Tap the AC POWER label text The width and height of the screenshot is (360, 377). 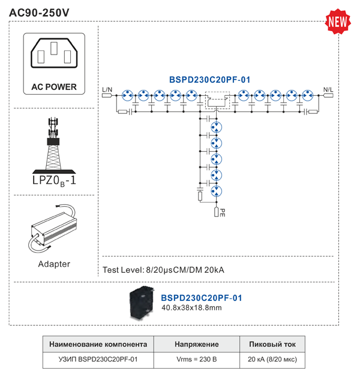pyautogui.click(x=54, y=87)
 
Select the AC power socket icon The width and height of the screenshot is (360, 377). pyautogui.click(x=54, y=55)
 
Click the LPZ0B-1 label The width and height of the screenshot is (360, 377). pyautogui.click(x=54, y=180)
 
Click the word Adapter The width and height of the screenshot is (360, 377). pyautogui.click(x=54, y=264)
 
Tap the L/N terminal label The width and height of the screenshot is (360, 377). pyautogui.click(x=107, y=90)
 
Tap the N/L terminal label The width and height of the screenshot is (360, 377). pyautogui.click(x=329, y=90)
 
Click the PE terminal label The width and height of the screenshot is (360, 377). pyautogui.click(x=222, y=212)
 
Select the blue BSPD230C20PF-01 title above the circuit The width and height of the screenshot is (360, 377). pyautogui.click(x=210, y=79)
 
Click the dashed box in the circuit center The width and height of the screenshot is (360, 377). pyautogui.click(x=217, y=99)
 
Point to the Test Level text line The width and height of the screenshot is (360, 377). pyautogui.click(x=164, y=270)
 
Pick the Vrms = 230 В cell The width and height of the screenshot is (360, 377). pyautogui.click(x=196, y=360)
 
